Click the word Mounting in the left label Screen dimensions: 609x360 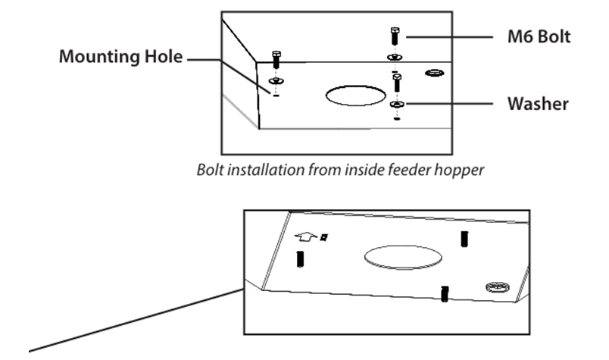coord(99,57)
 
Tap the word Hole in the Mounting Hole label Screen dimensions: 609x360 coord(164,56)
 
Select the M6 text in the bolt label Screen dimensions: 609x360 coord(520,37)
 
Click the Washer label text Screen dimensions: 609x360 coord(538,104)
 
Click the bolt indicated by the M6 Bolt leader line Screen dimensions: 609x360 coord(395,36)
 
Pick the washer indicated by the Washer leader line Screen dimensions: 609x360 coord(397,104)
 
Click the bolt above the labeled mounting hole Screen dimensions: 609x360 coord(276,59)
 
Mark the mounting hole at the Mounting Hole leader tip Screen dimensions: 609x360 coord(276,95)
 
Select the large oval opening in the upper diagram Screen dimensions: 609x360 coord(355,95)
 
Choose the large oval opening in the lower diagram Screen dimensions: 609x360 coord(403,257)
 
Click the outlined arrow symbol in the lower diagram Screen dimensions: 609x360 coord(306,236)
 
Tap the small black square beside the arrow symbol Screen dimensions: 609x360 coord(324,236)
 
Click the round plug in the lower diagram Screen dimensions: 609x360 coord(498,287)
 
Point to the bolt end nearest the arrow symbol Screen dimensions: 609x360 coord(300,259)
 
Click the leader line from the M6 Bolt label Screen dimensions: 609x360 coord(449,37)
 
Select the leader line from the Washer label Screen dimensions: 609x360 coord(448,104)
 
